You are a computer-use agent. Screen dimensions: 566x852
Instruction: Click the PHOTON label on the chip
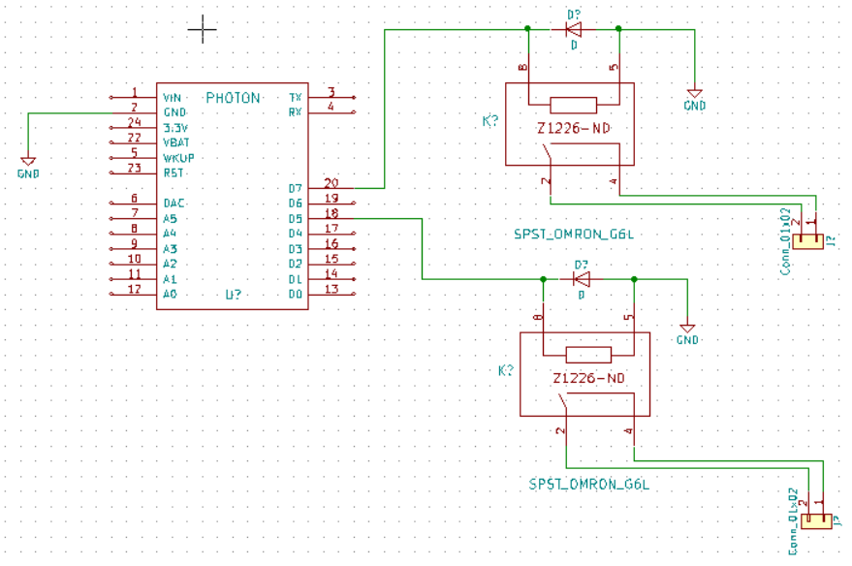click(x=233, y=98)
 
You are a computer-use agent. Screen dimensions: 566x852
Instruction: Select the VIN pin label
click(x=173, y=98)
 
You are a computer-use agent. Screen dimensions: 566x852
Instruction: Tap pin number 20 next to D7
click(x=331, y=182)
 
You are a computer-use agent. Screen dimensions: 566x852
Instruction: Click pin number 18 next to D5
click(x=331, y=212)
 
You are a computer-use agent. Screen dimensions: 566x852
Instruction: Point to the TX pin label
click(x=295, y=98)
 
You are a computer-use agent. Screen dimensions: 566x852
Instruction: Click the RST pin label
click(x=173, y=173)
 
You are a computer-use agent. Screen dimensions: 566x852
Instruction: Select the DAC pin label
click(x=174, y=204)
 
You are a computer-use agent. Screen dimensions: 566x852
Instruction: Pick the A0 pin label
click(x=170, y=294)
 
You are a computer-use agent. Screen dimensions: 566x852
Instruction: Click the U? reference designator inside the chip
click(x=234, y=294)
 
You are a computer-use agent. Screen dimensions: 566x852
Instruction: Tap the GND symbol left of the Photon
click(x=28, y=162)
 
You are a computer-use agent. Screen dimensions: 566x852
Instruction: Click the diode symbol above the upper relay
click(x=573, y=29)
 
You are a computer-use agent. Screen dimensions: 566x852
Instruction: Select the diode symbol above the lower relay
click(x=582, y=279)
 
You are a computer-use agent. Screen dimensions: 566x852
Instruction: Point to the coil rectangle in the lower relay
click(x=587, y=354)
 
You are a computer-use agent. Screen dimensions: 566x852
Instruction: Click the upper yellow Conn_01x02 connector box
click(x=807, y=241)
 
